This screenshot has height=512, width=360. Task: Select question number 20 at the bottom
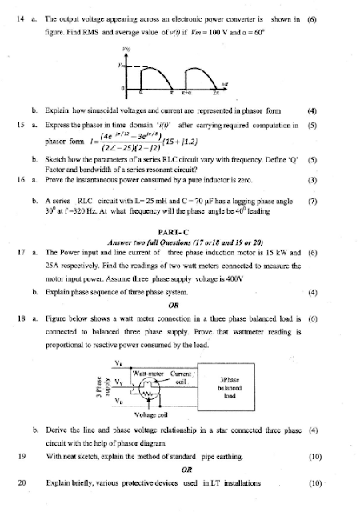click(20, 484)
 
